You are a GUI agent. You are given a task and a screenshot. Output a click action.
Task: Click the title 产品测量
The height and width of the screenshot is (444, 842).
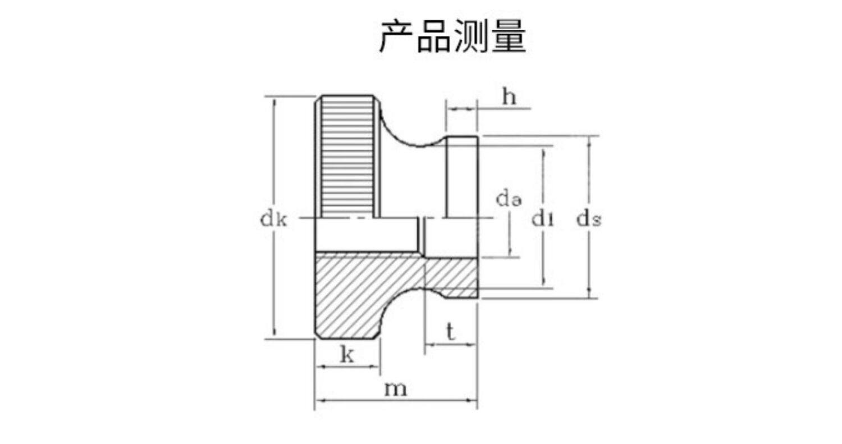point(452,37)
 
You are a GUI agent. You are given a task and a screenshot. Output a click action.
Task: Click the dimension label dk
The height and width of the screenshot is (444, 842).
point(273,219)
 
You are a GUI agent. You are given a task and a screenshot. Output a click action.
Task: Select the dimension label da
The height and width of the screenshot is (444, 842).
point(509,199)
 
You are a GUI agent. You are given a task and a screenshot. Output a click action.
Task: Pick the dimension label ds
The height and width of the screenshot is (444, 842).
point(589,219)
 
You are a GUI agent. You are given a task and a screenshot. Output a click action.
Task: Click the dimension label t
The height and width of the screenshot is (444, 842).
point(450,332)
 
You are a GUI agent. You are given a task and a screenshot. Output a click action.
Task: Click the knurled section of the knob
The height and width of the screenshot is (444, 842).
point(348,157)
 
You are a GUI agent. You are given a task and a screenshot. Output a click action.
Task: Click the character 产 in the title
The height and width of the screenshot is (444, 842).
point(397,37)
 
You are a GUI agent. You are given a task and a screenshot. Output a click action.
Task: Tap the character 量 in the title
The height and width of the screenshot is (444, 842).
point(509,37)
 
